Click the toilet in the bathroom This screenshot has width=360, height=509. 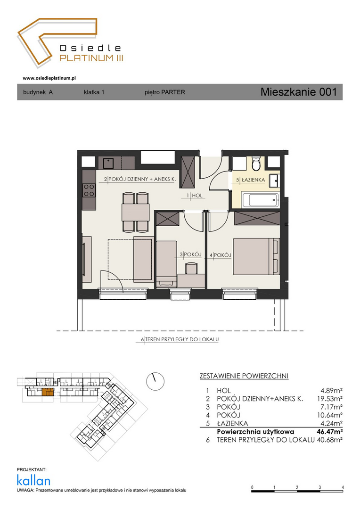coord(256,163)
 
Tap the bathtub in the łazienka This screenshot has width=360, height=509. coord(260,200)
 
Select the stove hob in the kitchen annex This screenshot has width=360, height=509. coord(89,190)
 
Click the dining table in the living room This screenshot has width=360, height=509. coord(135,212)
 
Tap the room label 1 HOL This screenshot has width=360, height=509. coord(195,196)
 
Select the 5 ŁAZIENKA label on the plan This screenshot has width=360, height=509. coord(251,180)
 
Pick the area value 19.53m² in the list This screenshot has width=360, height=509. coord(330,399)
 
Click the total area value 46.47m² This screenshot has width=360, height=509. coord(330,431)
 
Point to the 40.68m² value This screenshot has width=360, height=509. coord(330,440)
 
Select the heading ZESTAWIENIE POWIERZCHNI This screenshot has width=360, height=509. coord(244,376)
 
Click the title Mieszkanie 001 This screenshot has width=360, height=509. coord(299,92)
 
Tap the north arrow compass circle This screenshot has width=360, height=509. coord(155,381)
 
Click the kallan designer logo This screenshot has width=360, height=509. coord(33,481)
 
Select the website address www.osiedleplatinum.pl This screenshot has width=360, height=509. coord(49,78)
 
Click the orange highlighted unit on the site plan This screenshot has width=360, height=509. coord(48,392)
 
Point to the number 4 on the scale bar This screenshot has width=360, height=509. coord(343,487)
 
